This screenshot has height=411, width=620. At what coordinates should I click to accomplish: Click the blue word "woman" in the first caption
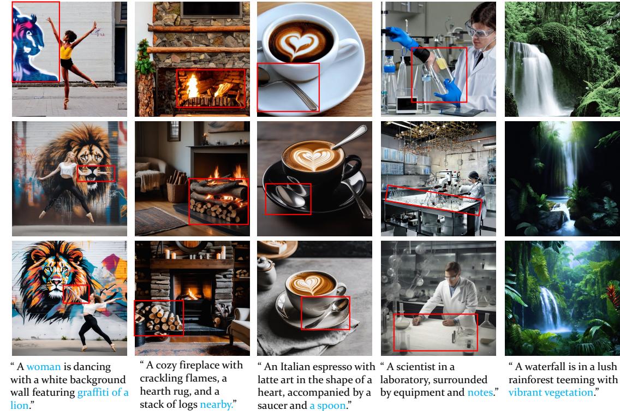44,367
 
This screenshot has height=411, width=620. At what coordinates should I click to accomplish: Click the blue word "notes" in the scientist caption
480,392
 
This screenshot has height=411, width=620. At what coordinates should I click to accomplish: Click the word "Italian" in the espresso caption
297,367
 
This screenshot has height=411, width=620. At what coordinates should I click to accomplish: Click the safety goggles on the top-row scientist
479,29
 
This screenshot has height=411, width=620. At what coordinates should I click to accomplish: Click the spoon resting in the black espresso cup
350,137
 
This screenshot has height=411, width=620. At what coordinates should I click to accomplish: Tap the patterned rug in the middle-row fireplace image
160,221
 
